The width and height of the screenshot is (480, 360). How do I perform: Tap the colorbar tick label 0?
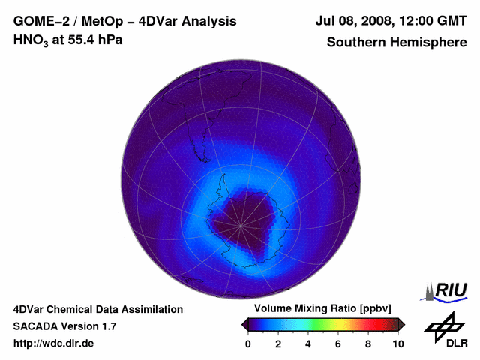(248, 343)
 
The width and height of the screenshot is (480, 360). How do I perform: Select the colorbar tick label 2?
(278, 343)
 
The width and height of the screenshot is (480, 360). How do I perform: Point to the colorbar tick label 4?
(308, 343)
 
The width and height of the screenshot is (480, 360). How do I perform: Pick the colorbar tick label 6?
(338, 343)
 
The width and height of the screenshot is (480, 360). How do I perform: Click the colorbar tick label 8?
(368, 343)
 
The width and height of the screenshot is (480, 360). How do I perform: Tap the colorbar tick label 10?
(397, 343)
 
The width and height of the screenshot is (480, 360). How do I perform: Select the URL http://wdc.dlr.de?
(54, 343)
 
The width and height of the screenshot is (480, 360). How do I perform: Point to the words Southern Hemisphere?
(396, 42)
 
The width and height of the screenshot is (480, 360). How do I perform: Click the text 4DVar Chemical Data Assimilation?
(98, 309)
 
